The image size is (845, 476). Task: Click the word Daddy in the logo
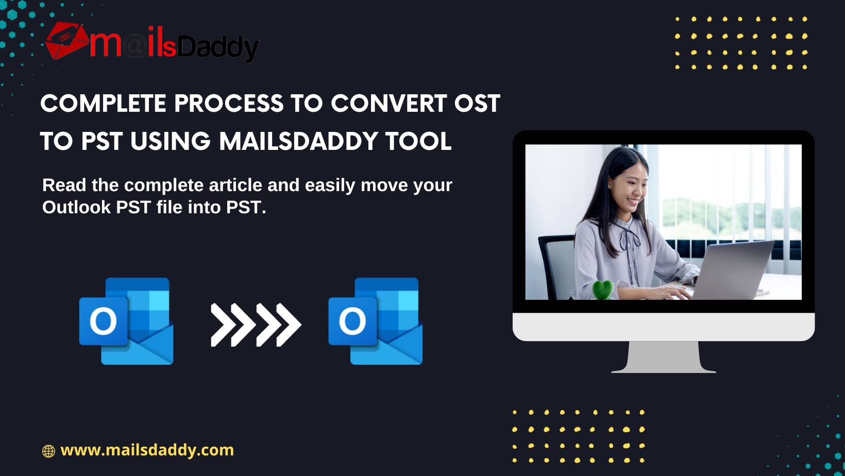point(218,48)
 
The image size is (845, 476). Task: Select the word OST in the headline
point(477,104)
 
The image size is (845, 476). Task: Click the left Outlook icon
point(126,321)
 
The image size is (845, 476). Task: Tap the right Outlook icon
point(375,321)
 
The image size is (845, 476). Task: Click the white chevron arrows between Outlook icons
point(256,325)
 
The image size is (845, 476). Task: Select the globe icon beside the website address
point(48,451)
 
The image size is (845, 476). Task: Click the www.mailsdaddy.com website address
point(147,450)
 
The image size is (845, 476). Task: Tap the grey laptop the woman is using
point(732,270)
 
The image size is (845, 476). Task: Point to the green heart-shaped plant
point(603,290)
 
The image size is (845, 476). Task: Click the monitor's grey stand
point(664,357)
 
